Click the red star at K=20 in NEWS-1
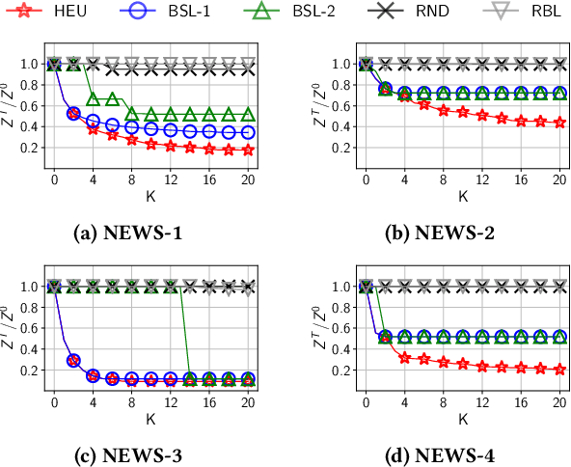[248, 150]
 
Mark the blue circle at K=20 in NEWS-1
[248, 132]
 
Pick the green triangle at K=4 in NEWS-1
[94, 99]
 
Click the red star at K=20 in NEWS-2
[559, 123]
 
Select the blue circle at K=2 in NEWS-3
[73, 360]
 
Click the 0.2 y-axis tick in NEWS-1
[31, 148]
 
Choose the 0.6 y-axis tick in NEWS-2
[342, 106]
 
